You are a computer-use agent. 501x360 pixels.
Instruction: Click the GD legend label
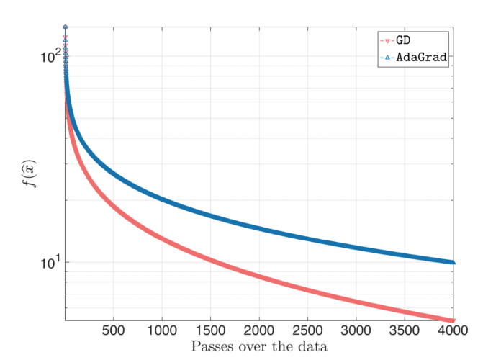click(x=404, y=41)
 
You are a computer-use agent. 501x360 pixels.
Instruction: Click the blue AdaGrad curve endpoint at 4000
click(x=454, y=262)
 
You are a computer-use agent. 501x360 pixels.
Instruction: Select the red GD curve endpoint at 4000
click(x=454, y=320)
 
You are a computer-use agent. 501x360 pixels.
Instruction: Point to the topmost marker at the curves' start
click(x=66, y=27)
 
